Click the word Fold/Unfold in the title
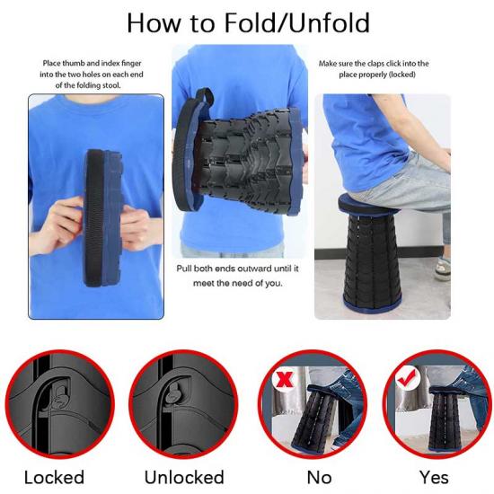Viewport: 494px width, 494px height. pos(296,22)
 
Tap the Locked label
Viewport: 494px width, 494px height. pos(54,477)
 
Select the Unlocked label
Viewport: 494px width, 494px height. pos(184,477)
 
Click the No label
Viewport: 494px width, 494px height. pos(319,478)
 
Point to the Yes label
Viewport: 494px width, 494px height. pos(434,478)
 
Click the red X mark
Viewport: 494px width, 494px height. pos(284,379)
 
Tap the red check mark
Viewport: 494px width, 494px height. pos(406,377)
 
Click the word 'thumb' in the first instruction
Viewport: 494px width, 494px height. pos(74,64)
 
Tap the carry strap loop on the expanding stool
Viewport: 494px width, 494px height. pos(204,96)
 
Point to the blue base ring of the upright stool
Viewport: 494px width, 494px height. pos(373,302)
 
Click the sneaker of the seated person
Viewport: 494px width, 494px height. pos(442,269)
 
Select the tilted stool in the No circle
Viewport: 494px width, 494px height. pos(312,419)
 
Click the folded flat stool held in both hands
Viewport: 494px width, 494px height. pos(101,218)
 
